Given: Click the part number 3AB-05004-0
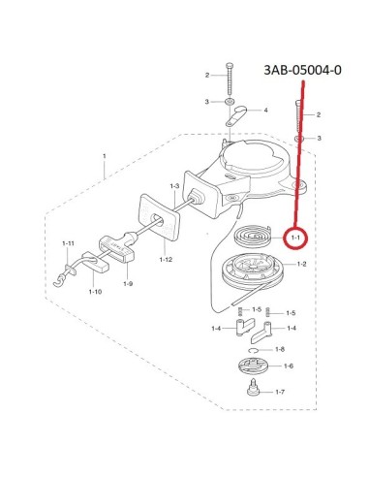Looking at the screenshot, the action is [302, 70].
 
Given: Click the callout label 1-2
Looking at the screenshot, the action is [301, 264].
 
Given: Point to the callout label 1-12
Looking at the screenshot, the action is [166, 259].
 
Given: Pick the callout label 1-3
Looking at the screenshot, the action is [174, 186].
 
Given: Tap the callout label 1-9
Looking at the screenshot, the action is [128, 284].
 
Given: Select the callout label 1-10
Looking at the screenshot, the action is [95, 292].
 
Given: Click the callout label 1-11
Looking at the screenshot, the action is [68, 243].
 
